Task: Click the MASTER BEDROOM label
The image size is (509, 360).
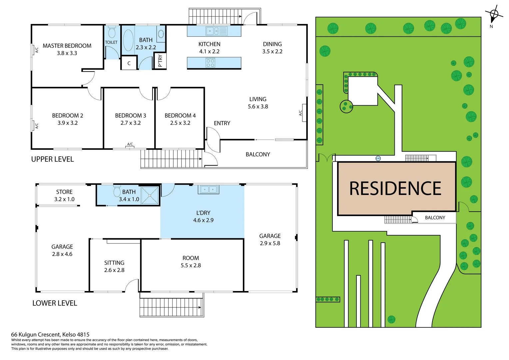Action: pos(67,46)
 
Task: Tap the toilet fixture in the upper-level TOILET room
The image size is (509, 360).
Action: pos(112,32)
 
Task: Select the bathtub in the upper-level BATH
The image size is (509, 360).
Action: pos(128,40)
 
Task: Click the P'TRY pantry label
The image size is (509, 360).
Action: pos(160,61)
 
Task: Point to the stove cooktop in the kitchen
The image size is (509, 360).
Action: pos(210,63)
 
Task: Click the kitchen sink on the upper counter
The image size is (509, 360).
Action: pos(213,31)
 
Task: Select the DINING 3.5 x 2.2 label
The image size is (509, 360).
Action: pos(272,48)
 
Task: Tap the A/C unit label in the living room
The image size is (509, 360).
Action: pos(300,113)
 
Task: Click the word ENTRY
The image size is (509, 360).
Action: pos(222,123)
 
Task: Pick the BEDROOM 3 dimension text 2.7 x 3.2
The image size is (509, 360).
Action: pos(131,123)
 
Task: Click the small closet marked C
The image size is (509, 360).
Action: pos(129,63)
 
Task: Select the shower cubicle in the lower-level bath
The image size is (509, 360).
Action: pos(150,195)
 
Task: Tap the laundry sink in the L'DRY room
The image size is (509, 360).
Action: pos(209,190)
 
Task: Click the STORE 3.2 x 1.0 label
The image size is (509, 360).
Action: pos(64,196)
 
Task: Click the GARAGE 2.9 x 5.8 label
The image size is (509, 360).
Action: pos(270,240)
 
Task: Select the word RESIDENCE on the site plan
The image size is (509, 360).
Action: pos(395,189)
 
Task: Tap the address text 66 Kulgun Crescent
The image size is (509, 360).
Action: pos(50,334)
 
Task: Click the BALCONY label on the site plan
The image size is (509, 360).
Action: pos(435,218)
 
